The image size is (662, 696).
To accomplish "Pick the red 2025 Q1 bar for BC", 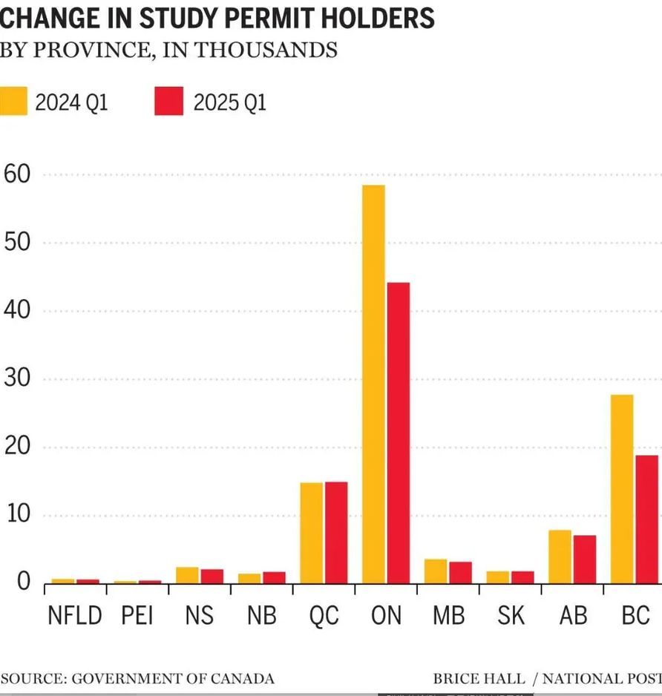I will tap(646, 519).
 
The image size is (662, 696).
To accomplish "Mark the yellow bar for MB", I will tap(436, 571).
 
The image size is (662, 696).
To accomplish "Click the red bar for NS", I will tap(212, 576).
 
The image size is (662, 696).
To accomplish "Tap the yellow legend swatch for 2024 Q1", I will tap(13, 101).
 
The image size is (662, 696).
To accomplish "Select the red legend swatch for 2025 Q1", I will tap(168, 101).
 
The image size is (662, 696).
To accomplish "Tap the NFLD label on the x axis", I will tap(74, 615).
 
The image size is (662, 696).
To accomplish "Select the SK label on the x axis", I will tap(511, 615).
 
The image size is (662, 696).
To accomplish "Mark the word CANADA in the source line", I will tap(244, 678).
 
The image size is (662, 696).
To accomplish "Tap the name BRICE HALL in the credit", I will tap(479, 678).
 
